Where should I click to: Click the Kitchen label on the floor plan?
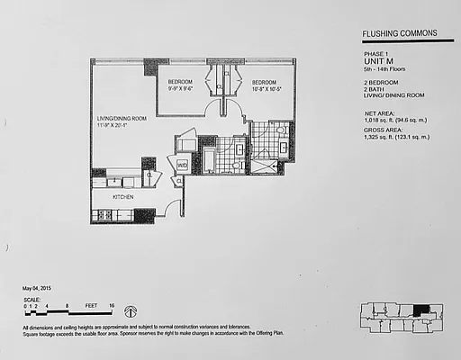pos(123,195)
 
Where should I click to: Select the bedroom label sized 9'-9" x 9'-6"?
pos(185,85)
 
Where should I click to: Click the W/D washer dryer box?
pos(182,165)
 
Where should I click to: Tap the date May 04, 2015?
pos(41,289)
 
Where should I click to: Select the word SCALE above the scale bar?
pos(32,298)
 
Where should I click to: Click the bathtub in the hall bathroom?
pos(209,161)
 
